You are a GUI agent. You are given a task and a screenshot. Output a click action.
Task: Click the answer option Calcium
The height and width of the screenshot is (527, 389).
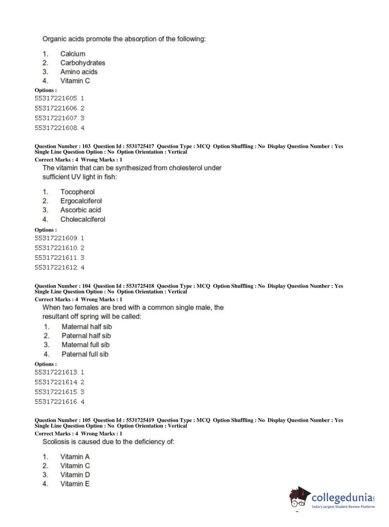tap(73, 54)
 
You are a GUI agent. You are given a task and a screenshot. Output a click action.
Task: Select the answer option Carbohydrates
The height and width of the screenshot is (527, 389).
tap(82, 63)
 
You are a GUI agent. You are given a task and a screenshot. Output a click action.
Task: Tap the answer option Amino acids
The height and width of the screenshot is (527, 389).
tap(79, 72)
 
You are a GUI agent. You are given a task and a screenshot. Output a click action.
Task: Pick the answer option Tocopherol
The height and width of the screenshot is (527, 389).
tap(77, 192)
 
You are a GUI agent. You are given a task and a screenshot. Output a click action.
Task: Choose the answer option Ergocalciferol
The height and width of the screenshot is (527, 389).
tap(81, 201)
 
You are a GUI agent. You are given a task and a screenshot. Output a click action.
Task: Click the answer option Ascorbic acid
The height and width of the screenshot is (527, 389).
tap(80, 210)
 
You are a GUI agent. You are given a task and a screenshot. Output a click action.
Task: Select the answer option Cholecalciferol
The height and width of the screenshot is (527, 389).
tap(82, 219)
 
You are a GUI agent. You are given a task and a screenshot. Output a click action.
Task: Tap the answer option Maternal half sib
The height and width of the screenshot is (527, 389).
tap(87, 326)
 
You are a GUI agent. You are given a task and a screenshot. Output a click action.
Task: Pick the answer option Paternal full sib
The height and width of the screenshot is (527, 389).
tap(85, 354)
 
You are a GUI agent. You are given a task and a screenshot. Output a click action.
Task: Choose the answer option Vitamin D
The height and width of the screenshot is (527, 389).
tap(75, 475)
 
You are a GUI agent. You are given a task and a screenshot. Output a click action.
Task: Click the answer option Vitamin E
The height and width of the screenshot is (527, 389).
tap(75, 484)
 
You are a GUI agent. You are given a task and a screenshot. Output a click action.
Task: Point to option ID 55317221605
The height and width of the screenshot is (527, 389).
tap(56, 98)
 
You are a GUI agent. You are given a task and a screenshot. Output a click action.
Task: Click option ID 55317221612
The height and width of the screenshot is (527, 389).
tap(56, 267)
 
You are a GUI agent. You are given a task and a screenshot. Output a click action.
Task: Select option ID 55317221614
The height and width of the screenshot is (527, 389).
tap(56, 382)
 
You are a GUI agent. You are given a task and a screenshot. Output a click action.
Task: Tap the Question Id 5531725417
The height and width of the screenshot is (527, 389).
tap(140, 147)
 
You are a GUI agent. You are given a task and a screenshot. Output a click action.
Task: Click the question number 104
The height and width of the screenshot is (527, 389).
tap(86, 286)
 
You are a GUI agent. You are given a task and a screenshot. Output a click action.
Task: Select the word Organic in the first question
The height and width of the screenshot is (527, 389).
tap(54, 39)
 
